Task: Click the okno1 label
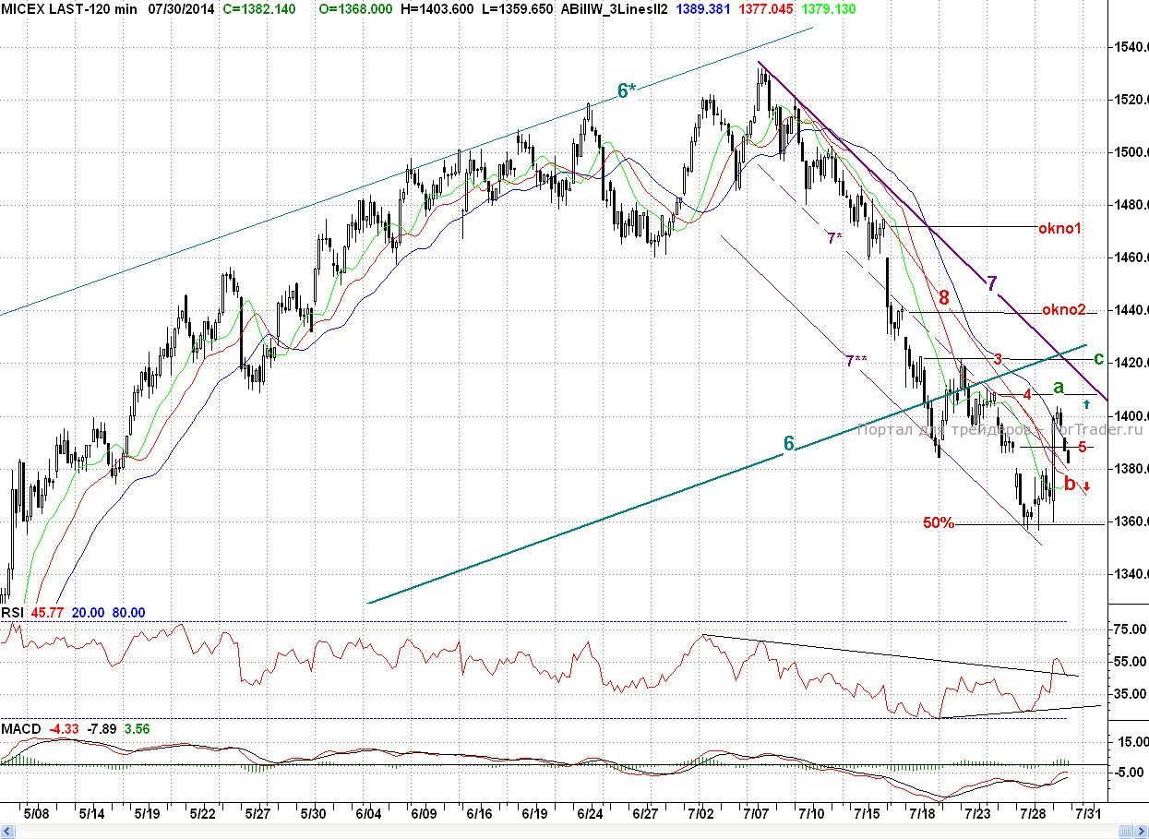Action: coord(1059,228)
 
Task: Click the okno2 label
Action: coord(1064,310)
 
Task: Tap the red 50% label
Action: coord(939,523)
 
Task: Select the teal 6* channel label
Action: coord(627,90)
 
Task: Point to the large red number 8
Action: coord(943,298)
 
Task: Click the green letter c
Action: coord(1098,358)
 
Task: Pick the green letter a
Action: coord(1059,387)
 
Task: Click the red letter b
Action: coord(1070,483)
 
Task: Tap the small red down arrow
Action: coord(1086,486)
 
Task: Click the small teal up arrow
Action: coord(1086,403)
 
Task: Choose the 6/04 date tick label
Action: coord(368,814)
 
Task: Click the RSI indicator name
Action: coord(12,613)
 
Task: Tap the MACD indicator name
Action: coord(20,729)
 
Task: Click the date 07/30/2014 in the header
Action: coord(181,8)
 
